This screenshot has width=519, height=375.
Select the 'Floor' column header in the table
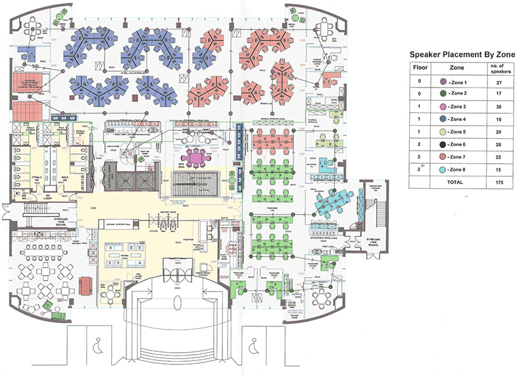(420, 67)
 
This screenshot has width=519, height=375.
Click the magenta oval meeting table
(197, 159)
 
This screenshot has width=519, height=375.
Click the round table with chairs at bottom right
(324, 301)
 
